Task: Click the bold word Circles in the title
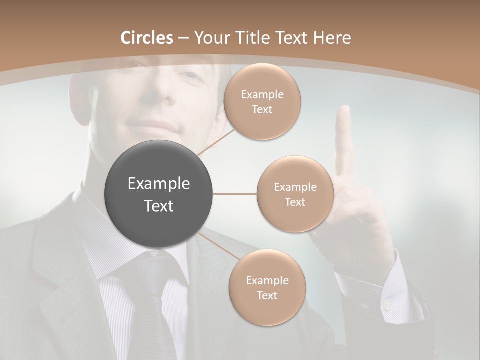[146, 38]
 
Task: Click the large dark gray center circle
[159, 194]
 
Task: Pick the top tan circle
[262, 101]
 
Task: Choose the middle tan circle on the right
[295, 194]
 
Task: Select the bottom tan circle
[267, 287]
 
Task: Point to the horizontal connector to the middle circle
[235, 194]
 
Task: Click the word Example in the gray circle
[159, 184]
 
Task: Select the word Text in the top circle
[262, 109]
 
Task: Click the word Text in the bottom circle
[267, 295]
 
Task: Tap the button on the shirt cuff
[387, 303]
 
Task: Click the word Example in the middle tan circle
[295, 187]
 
